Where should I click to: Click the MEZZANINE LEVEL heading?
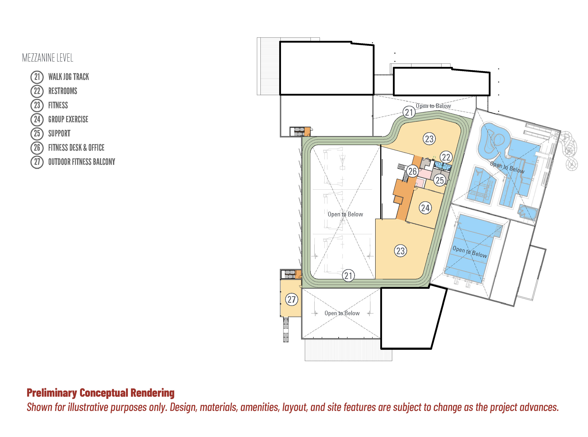[x=48, y=58]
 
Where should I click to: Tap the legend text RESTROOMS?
[x=63, y=91]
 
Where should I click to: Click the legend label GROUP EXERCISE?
[x=68, y=119]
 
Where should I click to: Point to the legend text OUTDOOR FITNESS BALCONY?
[x=82, y=162]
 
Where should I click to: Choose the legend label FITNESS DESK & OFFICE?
[x=76, y=148]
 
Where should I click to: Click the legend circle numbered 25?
[x=37, y=133]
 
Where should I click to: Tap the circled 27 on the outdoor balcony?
[x=292, y=299]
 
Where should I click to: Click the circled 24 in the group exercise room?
[x=425, y=208]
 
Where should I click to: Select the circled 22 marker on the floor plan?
[x=446, y=157]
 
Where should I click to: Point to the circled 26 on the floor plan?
[x=412, y=171]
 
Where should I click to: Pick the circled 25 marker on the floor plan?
[x=440, y=180]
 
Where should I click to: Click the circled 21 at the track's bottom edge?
[x=348, y=276]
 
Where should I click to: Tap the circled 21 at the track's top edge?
[x=409, y=112]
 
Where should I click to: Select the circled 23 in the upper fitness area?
[x=429, y=139]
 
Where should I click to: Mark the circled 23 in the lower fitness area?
[x=400, y=251]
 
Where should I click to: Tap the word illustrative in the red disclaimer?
[x=89, y=407]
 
